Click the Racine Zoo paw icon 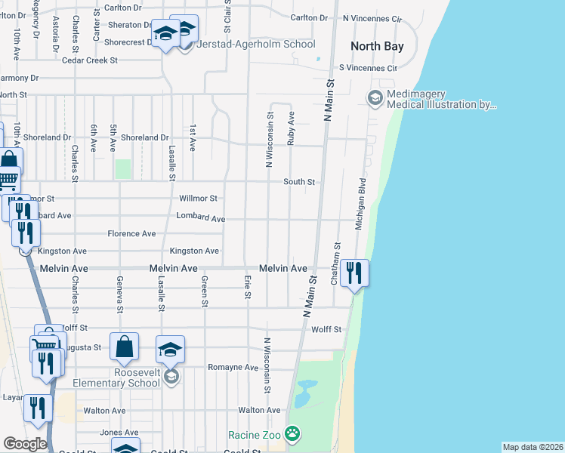[x=292, y=435]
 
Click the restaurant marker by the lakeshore [x=354, y=273]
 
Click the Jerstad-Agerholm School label [x=255, y=44]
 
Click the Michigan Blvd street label [x=360, y=204]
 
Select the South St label [x=298, y=182]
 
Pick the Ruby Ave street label [x=291, y=128]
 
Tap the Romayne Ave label [x=233, y=367]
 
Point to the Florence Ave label [x=131, y=234]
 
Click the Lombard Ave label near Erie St [x=201, y=218]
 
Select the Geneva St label [x=119, y=294]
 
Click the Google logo [x=25, y=444]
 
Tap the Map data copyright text [x=532, y=447]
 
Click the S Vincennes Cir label [x=368, y=68]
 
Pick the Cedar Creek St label [x=90, y=60]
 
